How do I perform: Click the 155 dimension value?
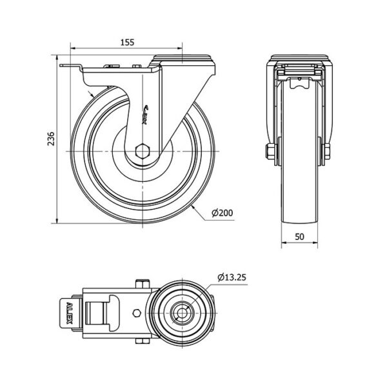(x=127, y=43)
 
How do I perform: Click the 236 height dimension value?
(x=51, y=139)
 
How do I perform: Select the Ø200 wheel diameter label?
(x=222, y=213)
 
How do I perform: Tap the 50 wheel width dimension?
(x=299, y=237)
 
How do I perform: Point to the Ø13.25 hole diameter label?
(x=232, y=277)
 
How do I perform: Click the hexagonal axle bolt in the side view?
(x=143, y=151)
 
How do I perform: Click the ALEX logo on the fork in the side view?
(x=145, y=115)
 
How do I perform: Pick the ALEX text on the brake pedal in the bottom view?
(x=70, y=313)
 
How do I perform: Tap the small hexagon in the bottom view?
(x=137, y=313)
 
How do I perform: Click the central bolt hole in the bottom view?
(x=182, y=313)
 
